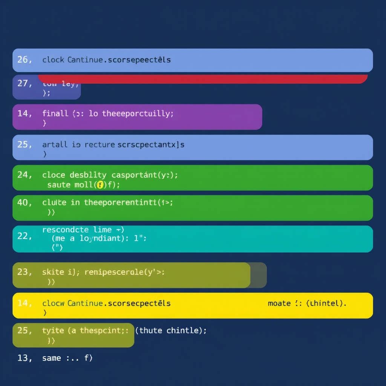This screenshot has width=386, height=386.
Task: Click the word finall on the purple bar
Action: click(x=55, y=113)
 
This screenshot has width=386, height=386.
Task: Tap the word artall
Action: click(x=55, y=144)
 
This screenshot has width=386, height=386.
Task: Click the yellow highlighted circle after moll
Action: click(x=100, y=185)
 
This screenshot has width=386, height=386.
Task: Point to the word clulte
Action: click(x=54, y=202)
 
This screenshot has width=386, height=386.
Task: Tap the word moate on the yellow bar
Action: click(x=279, y=303)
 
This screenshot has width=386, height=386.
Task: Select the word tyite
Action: click(x=53, y=331)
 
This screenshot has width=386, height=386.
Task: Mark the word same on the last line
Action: click(x=52, y=358)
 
